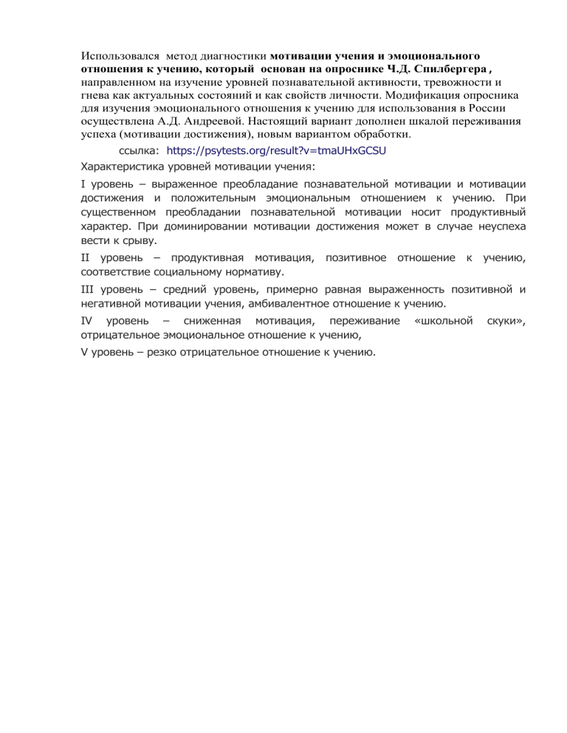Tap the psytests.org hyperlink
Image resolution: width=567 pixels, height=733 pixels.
(277, 150)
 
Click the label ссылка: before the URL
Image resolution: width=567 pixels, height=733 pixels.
(140, 150)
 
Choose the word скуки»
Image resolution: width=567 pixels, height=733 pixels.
(506, 322)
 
